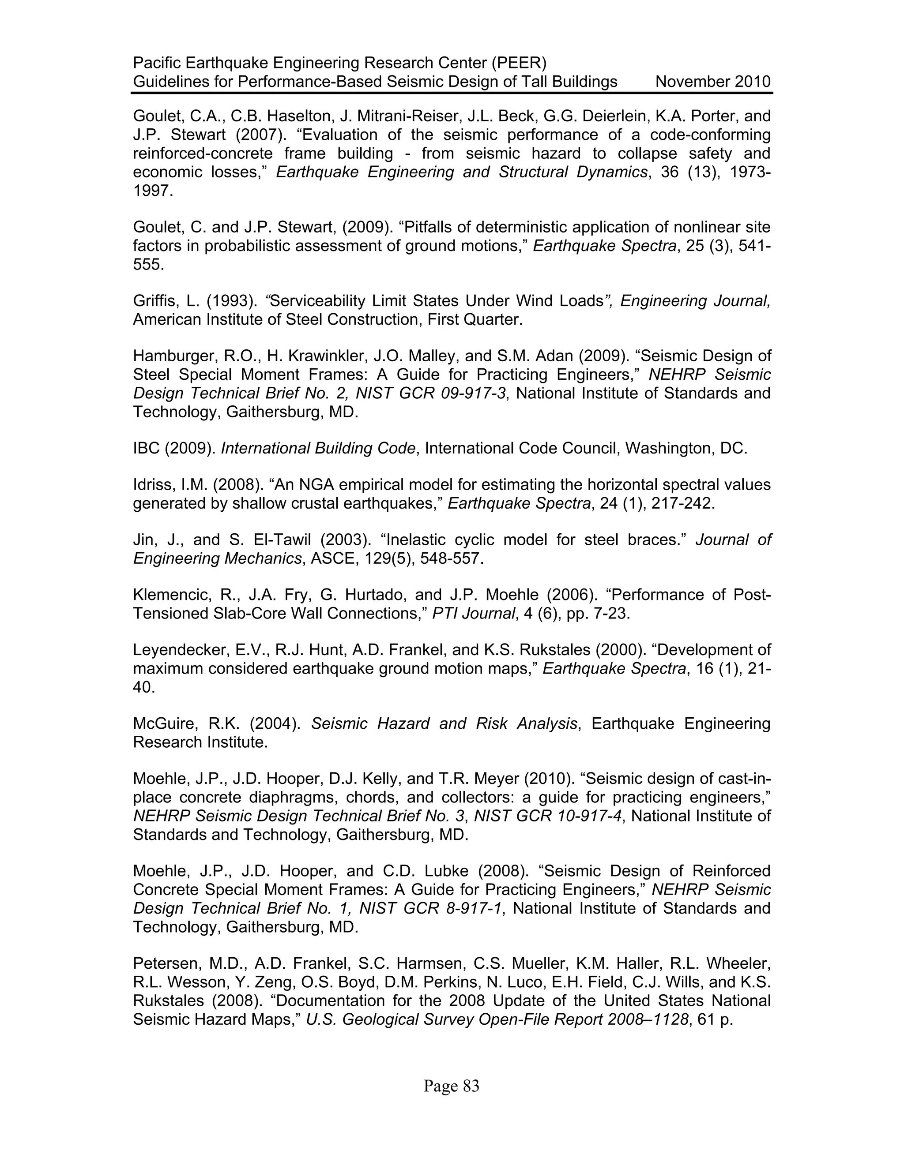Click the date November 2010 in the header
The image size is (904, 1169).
[713, 82]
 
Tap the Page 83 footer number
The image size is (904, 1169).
[452, 1086]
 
